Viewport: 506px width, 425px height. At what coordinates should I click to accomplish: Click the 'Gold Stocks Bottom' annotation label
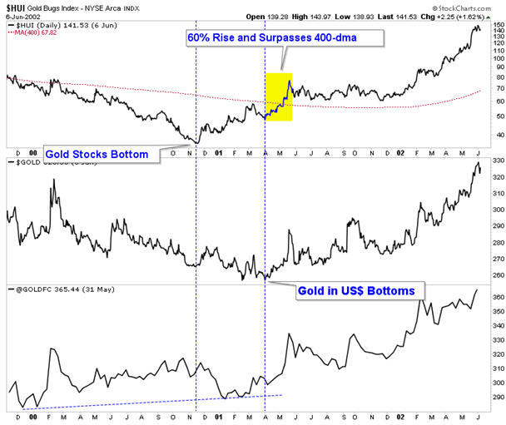(x=97, y=154)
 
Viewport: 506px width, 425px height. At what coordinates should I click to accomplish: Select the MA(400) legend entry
(x=34, y=35)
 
